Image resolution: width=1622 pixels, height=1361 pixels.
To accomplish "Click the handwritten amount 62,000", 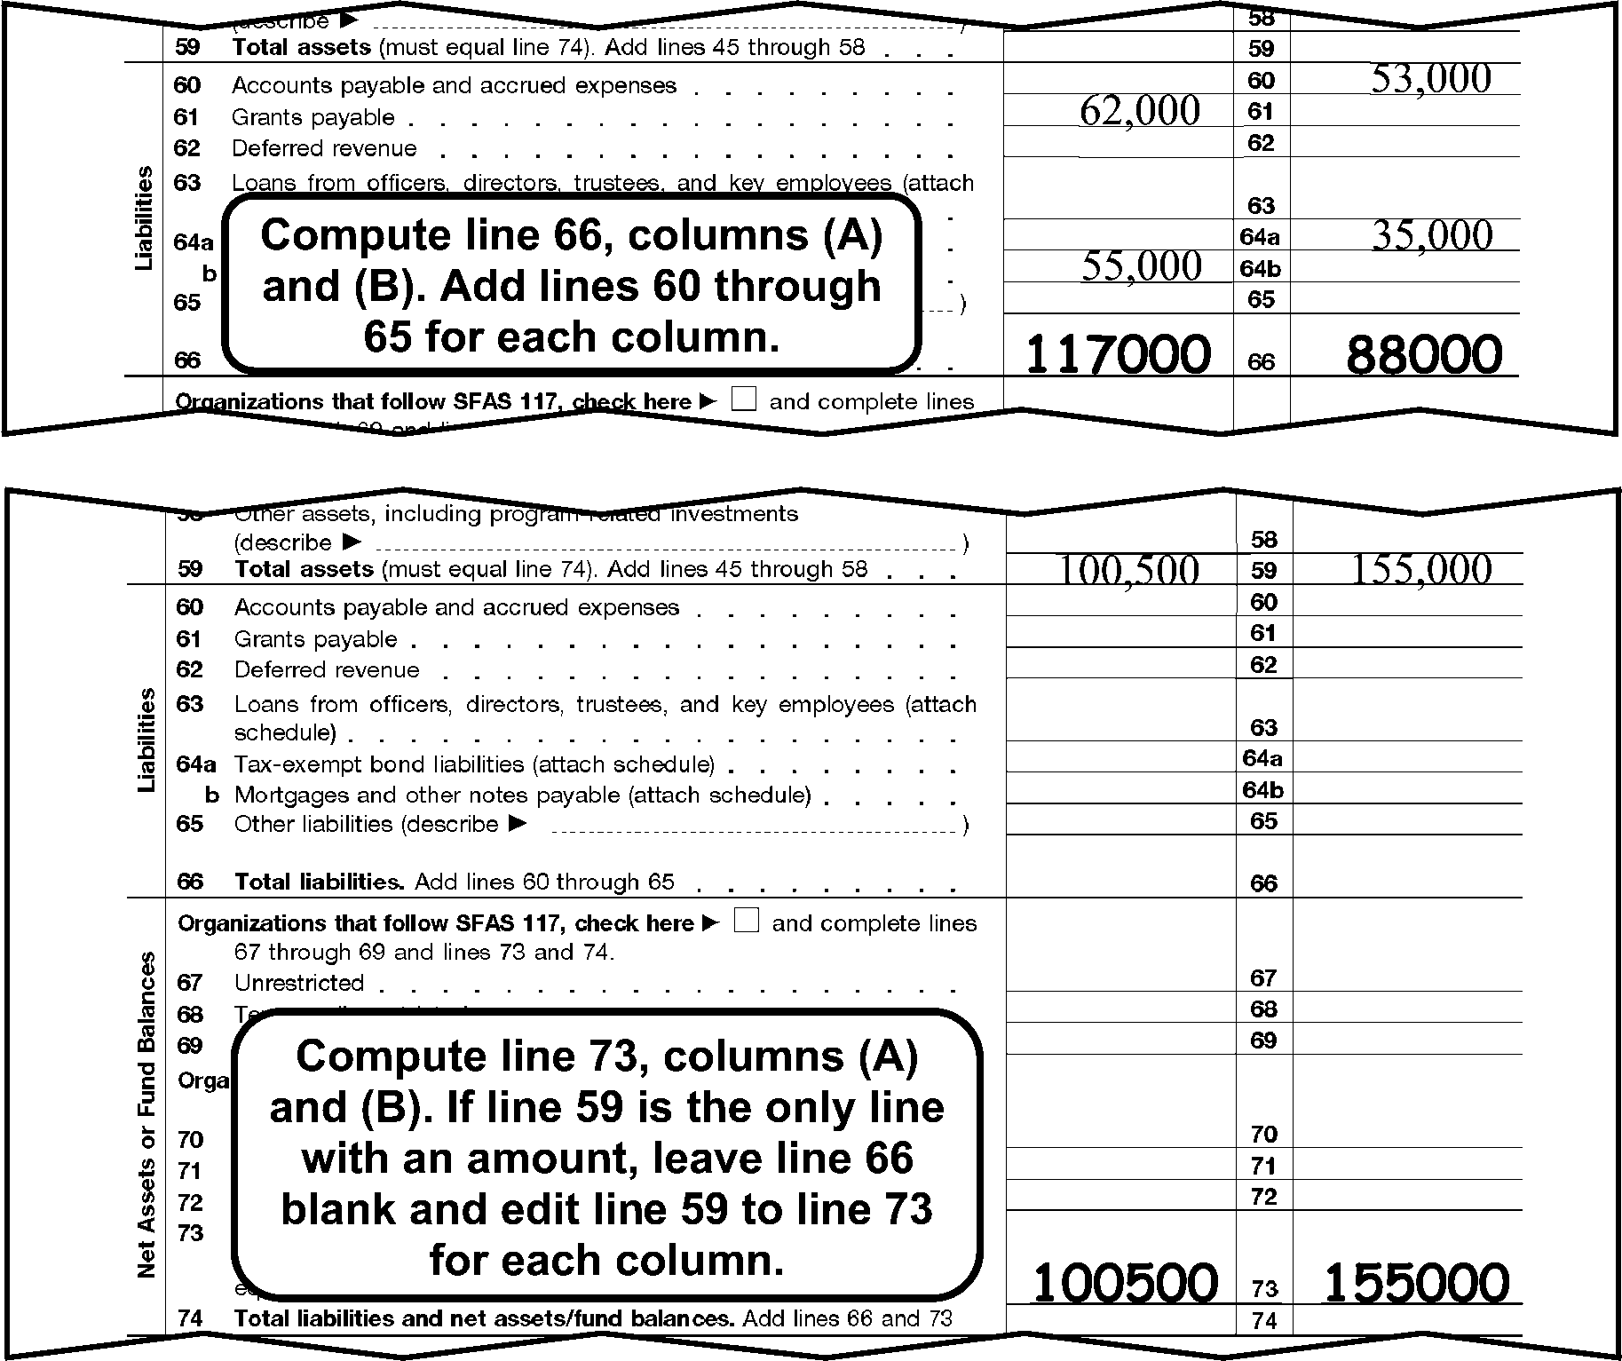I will (1139, 111).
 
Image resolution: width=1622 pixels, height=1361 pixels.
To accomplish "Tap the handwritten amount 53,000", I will (1431, 79).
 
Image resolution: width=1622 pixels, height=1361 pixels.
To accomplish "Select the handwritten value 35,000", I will (1431, 235).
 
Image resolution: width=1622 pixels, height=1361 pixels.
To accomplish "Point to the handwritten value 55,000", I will (1142, 266).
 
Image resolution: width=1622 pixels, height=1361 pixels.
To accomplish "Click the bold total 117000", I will (1118, 353).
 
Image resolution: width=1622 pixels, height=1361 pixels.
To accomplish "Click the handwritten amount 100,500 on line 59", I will (1127, 570).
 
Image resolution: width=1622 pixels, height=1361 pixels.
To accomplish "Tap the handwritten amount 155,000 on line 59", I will (1420, 569).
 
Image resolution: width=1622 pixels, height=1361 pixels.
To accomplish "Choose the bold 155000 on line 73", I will (1416, 1282).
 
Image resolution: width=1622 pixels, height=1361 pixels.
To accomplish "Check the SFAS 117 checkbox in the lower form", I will (748, 922).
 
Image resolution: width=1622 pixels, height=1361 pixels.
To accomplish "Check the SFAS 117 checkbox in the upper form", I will (744, 400).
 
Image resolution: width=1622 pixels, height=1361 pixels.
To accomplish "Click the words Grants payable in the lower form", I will (315, 639).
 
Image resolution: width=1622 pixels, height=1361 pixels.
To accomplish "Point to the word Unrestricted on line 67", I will (299, 983).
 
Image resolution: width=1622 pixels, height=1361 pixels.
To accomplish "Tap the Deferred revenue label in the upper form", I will (324, 148).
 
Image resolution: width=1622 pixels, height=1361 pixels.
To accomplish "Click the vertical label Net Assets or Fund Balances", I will (147, 1114).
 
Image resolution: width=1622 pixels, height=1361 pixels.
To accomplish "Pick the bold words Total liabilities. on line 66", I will (320, 882).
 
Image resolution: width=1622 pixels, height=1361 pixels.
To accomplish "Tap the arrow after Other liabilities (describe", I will (518, 824).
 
